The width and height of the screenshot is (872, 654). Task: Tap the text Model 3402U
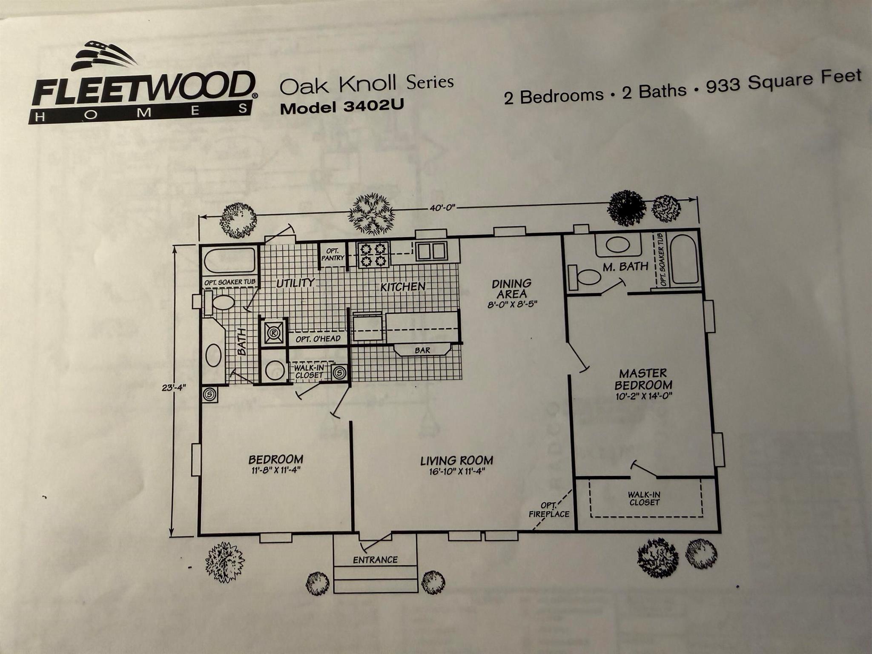pyautogui.click(x=341, y=108)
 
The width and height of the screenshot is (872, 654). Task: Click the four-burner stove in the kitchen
pyautogui.click(x=373, y=254)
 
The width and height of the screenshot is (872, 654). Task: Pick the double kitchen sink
pyautogui.click(x=431, y=251)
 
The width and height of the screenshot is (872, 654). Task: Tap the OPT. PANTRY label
pyautogui.click(x=333, y=255)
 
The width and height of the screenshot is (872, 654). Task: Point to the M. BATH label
pyautogui.click(x=625, y=267)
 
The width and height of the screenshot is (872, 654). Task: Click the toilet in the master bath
pyautogui.click(x=585, y=277)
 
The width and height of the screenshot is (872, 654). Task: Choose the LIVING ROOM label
pyautogui.click(x=456, y=460)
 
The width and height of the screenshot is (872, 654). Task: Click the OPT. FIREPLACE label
pyautogui.click(x=549, y=510)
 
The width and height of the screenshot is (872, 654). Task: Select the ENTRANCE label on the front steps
pyautogui.click(x=375, y=560)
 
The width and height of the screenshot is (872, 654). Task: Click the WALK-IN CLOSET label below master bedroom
pyautogui.click(x=644, y=499)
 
